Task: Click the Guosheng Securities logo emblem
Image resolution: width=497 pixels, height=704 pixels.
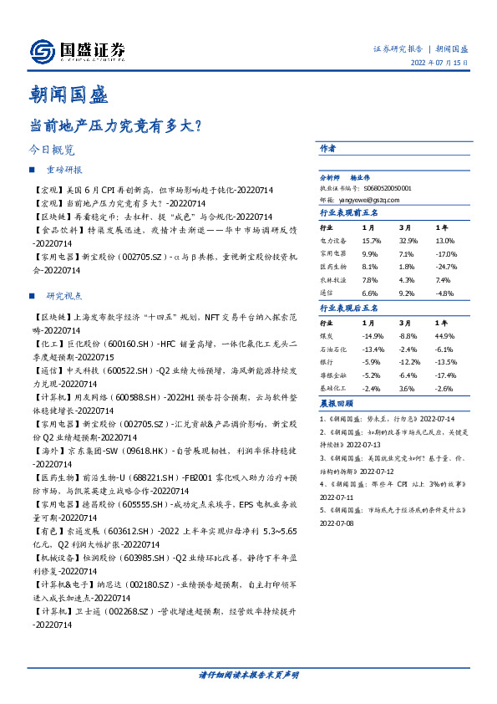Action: tap(42, 52)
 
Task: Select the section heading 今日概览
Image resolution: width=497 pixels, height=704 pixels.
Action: tap(52, 150)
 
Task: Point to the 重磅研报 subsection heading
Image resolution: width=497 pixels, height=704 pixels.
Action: tap(64, 170)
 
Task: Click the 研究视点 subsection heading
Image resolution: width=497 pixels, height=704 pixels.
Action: tap(64, 296)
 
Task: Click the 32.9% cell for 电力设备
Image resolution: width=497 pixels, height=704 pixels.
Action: tap(408, 240)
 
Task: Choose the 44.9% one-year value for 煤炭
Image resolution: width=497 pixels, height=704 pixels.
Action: tap(444, 336)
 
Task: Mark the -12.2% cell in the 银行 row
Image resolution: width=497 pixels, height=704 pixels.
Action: tap(408, 363)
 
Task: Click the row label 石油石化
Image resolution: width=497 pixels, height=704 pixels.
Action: tap(332, 349)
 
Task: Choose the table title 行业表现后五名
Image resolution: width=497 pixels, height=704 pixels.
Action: tap(349, 308)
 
